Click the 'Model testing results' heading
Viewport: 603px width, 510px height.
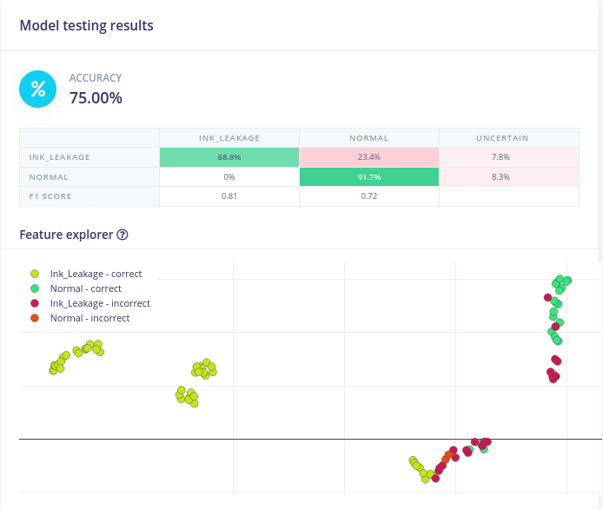coord(86,25)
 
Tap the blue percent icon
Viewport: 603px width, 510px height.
coord(37,89)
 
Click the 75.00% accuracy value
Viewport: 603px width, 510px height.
coord(96,98)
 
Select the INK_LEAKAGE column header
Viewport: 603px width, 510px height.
coord(229,138)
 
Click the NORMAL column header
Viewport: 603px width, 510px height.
coord(368,138)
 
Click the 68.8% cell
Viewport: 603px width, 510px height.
coord(229,157)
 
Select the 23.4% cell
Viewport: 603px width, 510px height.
coord(368,157)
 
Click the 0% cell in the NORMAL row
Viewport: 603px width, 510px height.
coord(229,176)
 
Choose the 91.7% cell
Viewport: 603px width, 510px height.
coord(368,176)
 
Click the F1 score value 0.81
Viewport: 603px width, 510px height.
coord(229,196)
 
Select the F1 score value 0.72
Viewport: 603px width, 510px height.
coord(368,196)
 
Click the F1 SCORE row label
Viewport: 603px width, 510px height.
coord(50,196)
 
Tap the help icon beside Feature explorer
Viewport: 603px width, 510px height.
coord(123,235)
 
